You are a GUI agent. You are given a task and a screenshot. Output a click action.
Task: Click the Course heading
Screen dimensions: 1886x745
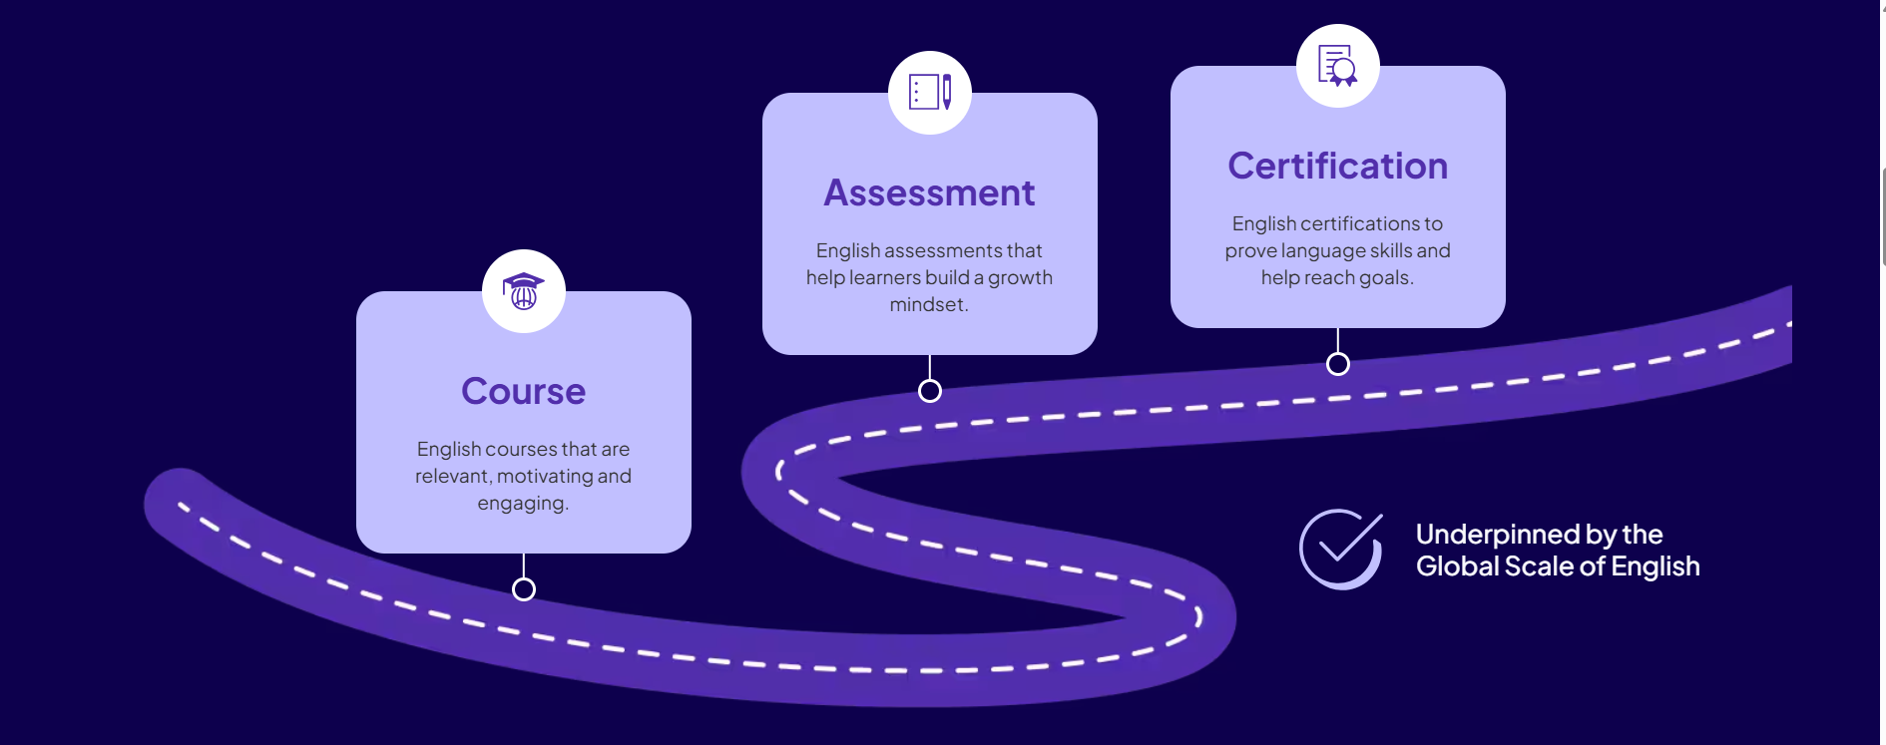coord(523,391)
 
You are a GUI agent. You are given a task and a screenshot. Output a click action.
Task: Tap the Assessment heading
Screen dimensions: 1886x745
coord(929,192)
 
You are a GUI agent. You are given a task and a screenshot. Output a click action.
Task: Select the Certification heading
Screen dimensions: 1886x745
coord(1337,166)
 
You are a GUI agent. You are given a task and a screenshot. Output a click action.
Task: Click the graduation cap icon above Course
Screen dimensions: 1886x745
coord(524,291)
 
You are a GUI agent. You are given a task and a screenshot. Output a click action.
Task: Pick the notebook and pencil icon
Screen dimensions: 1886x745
coord(930,92)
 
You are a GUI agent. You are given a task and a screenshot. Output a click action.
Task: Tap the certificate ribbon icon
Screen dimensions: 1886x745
coord(1337,66)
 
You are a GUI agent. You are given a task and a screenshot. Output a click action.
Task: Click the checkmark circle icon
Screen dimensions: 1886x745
coord(1341,549)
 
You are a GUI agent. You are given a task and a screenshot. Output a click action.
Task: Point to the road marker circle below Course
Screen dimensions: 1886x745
coord(524,589)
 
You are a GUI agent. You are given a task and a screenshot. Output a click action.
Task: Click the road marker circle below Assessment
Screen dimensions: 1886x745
coord(930,391)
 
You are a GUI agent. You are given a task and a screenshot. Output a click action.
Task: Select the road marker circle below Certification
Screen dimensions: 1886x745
coord(1338,364)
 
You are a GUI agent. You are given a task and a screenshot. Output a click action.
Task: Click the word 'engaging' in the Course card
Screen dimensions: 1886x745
coord(520,504)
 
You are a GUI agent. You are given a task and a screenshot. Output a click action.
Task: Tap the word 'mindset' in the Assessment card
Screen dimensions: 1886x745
coord(926,304)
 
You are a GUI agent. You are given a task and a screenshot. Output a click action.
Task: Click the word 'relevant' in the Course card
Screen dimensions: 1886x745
coord(452,477)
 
